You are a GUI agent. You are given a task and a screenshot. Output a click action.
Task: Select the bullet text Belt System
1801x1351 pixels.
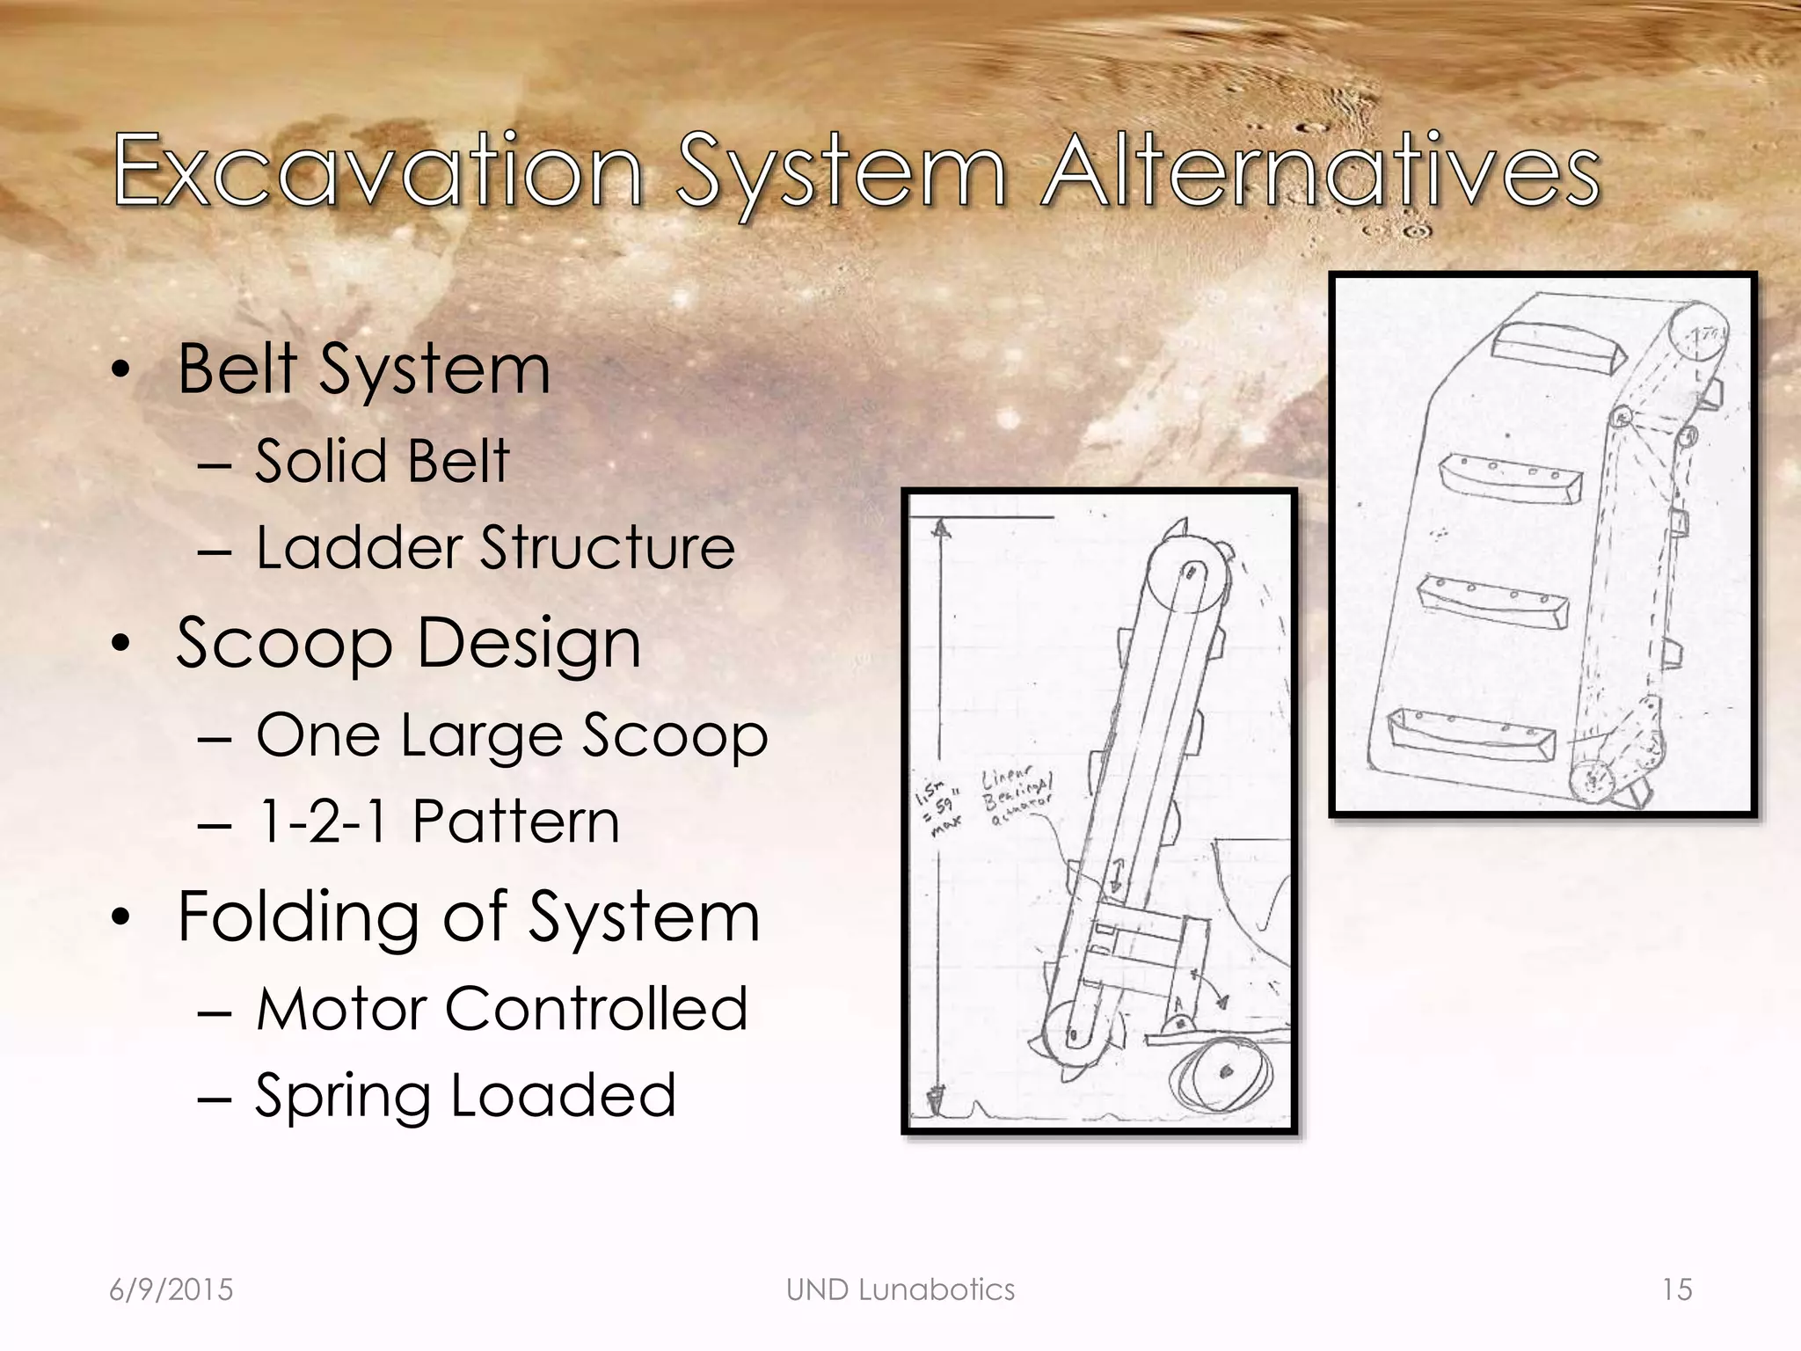364,369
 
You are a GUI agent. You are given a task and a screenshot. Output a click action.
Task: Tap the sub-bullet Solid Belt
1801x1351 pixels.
383,461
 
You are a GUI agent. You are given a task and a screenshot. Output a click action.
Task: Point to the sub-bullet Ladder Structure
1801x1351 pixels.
495,548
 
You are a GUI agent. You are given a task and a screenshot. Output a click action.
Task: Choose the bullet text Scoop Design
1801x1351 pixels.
409,643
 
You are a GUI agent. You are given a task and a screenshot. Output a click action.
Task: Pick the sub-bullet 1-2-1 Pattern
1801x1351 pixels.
438,822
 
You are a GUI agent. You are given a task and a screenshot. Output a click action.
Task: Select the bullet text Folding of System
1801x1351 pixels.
469,917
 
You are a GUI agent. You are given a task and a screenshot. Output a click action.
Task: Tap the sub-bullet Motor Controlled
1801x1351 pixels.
502,1008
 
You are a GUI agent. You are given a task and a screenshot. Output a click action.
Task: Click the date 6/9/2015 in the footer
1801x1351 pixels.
171,1289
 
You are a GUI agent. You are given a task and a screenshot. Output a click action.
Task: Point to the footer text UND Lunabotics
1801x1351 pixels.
900,1289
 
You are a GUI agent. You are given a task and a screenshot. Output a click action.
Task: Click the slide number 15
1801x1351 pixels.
1677,1289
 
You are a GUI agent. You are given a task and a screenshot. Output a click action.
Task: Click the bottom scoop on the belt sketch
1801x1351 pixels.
1469,734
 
